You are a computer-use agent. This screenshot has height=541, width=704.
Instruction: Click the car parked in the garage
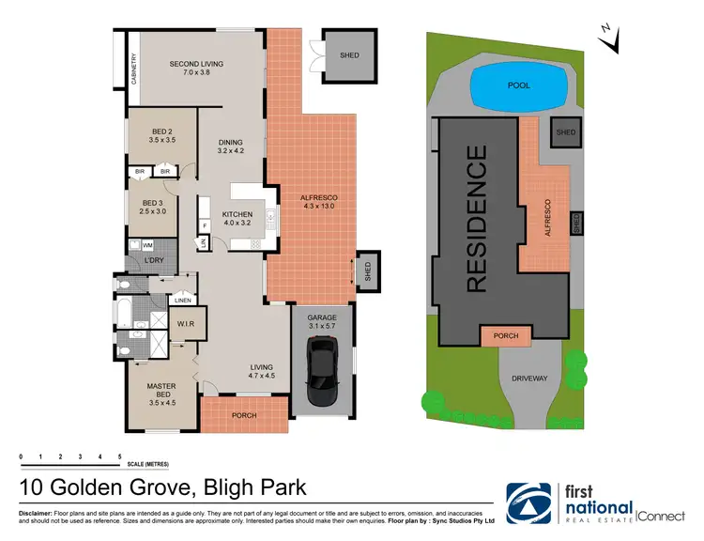coord(323,365)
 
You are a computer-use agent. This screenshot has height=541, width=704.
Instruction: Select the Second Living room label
coord(195,69)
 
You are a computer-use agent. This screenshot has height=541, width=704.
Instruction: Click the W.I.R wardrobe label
coord(185,324)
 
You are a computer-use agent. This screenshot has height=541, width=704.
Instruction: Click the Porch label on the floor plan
coord(244,415)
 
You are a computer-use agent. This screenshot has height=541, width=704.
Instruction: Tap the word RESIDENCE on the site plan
coord(477,218)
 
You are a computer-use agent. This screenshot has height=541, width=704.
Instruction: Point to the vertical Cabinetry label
coord(134,69)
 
